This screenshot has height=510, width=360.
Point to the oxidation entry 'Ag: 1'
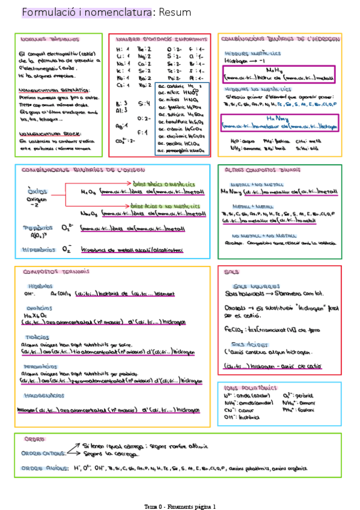[x=121, y=124]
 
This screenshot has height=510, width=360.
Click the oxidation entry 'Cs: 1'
[x=121, y=85]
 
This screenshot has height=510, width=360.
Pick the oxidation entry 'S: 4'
[x=144, y=103]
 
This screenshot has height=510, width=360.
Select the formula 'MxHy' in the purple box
[x=273, y=70]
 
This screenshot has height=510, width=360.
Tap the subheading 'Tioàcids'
[x=37, y=337]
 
